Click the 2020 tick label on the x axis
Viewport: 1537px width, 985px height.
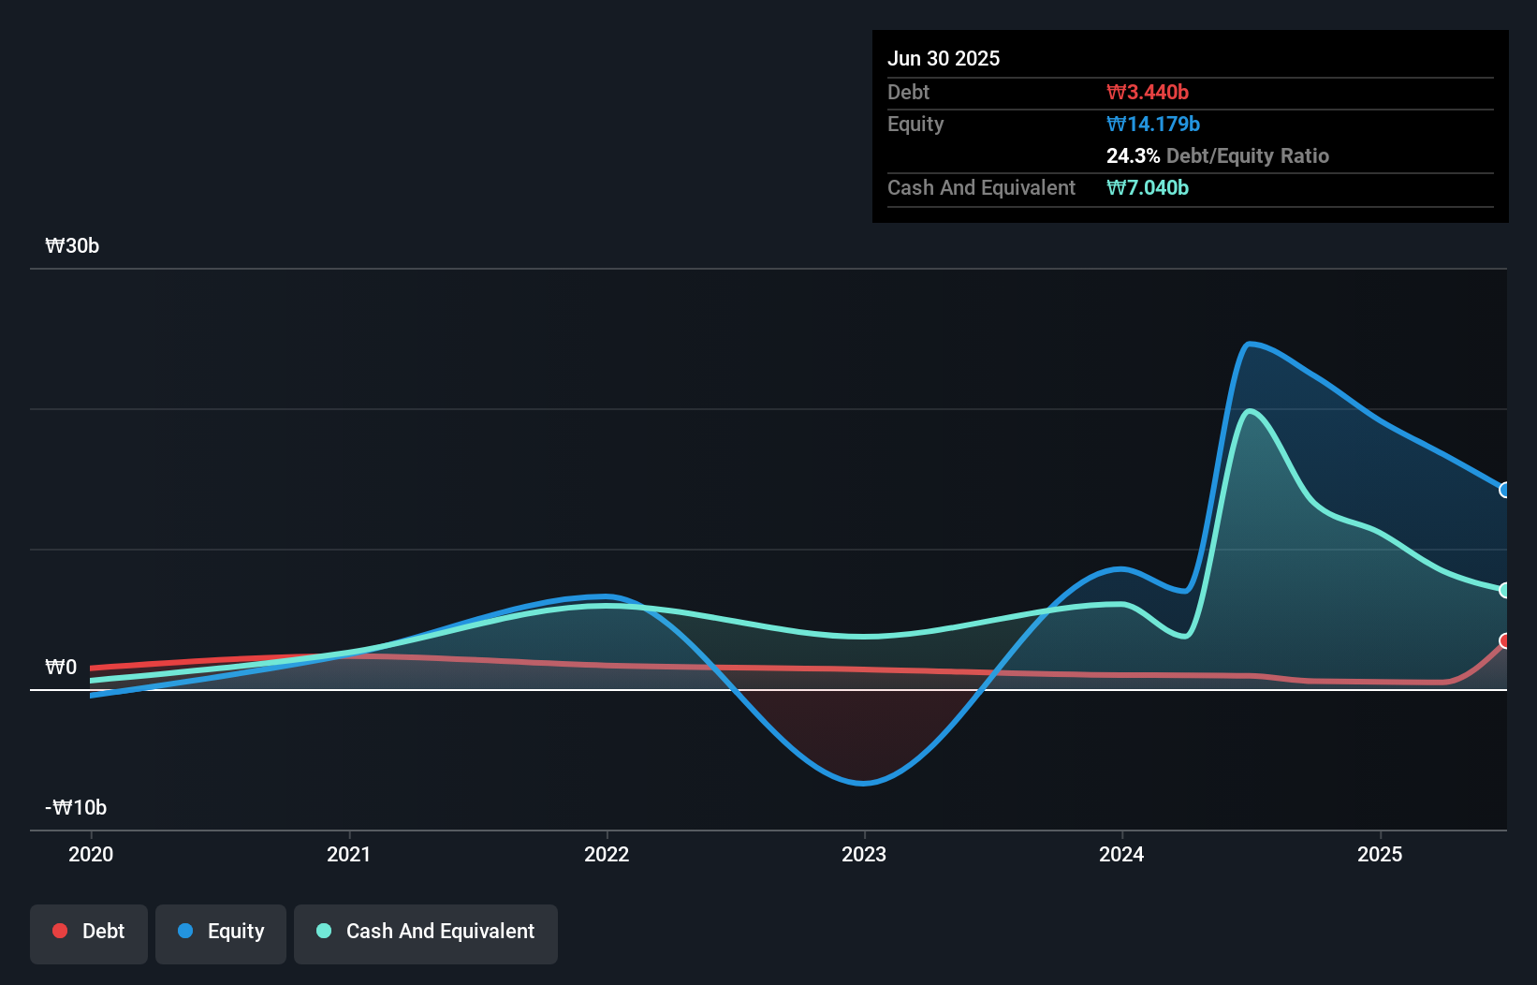(x=91, y=854)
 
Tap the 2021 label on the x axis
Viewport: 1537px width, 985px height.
(x=349, y=854)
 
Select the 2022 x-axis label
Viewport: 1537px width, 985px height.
(x=607, y=854)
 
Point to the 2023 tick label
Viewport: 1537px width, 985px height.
(x=864, y=854)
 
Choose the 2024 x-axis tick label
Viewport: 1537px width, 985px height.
(x=1121, y=854)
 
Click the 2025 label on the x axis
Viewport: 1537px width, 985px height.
(x=1380, y=854)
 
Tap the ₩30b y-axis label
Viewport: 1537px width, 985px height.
(x=72, y=246)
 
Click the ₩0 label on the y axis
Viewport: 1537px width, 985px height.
(x=61, y=668)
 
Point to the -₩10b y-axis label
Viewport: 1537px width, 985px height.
(x=76, y=808)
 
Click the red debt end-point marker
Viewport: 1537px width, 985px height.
(x=1505, y=641)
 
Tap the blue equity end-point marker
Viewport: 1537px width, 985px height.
(x=1505, y=491)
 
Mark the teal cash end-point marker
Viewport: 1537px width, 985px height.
(x=1505, y=591)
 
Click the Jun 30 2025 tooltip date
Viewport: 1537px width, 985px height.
(x=944, y=58)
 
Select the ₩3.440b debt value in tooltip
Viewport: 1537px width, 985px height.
(x=1148, y=92)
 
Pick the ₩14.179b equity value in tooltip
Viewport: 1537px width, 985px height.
(x=1153, y=124)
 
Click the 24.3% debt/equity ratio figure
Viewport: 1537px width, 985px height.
(x=1133, y=155)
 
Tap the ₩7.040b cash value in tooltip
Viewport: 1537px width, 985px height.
(x=1148, y=187)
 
